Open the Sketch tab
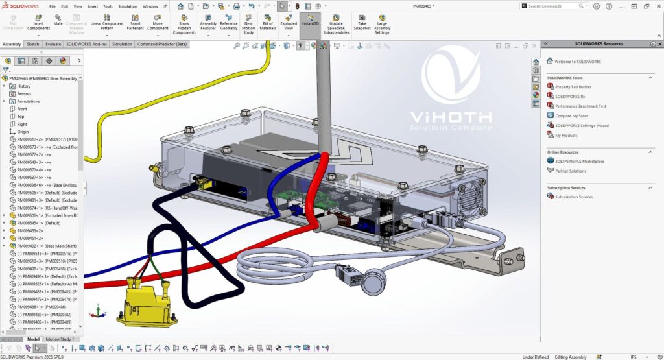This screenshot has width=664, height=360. coord(32,44)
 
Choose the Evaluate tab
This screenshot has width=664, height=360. coord(53,44)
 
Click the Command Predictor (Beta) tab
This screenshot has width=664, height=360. coord(162,44)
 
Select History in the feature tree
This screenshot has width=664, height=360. coord(23,86)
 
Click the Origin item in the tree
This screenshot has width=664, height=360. coord(23,132)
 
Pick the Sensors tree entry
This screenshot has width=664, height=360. coord(24,93)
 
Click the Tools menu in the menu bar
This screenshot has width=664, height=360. coord(108,6)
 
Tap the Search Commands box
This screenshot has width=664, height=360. coord(554,6)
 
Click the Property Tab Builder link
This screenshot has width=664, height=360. coord(573,87)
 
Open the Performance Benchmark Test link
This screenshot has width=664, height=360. coord(580,106)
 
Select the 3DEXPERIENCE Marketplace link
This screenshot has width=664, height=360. coord(580,162)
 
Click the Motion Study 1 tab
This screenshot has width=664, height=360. coord(59,339)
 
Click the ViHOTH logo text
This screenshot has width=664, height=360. coord(451,118)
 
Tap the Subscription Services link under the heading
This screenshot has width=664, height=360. coord(574,197)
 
